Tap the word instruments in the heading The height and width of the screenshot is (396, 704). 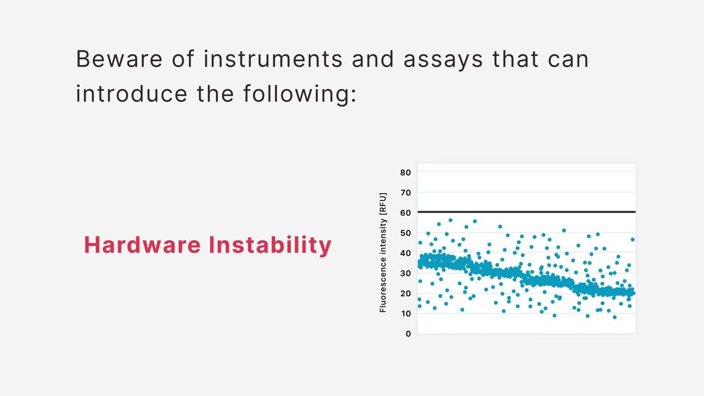pos(272,59)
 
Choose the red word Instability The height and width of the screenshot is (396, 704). pos(269,245)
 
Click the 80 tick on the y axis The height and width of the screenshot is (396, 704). pos(405,173)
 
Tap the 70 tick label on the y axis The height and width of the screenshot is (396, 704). pos(405,193)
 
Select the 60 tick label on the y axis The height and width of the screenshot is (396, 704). pos(405,213)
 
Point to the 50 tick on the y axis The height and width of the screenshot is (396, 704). pos(405,233)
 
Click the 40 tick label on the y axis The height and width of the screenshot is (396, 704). pos(405,253)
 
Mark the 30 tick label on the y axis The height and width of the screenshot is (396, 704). pos(405,273)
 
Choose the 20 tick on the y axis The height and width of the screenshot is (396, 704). pos(405,294)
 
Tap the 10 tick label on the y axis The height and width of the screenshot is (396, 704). pos(405,313)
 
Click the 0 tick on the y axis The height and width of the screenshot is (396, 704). pos(408,334)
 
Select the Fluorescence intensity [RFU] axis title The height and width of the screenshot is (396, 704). pos(383,252)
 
